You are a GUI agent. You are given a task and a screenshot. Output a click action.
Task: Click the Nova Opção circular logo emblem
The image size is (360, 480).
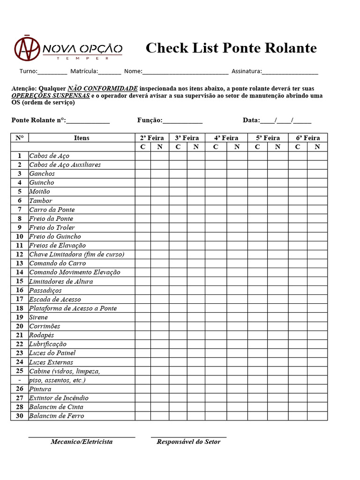(27, 48)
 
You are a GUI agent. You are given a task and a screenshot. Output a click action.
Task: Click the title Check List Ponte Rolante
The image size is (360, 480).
(231, 48)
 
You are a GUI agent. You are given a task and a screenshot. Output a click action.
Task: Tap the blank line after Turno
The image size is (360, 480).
(52, 72)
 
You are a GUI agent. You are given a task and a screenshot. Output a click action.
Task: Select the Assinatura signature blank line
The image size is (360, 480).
(290, 72)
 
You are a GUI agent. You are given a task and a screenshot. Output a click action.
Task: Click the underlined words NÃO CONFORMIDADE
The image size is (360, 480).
(103, 88)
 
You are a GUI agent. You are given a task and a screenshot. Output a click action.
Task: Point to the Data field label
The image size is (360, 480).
(251, 120)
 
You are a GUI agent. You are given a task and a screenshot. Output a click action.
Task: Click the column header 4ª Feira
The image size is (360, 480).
(226, 138)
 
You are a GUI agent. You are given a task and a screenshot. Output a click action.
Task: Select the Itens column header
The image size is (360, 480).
(82, 138)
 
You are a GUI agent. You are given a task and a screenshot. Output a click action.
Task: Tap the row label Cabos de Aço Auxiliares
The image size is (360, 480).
(65, 165)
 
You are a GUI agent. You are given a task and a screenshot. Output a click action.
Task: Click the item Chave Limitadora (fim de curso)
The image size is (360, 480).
(76, 254)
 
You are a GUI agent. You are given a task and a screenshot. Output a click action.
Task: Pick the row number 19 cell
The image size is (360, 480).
(19, 317)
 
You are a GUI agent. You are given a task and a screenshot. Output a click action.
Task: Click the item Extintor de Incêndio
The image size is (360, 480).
(59, 398)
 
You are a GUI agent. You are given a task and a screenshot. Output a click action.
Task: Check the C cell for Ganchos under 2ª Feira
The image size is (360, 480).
(143, 173)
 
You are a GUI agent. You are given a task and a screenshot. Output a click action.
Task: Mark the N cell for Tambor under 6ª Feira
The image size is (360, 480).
(317, 201)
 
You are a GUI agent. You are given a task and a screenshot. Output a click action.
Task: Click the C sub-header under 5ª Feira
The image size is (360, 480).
(257, 147)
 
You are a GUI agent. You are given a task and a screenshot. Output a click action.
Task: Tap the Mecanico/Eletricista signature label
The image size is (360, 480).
(82, 442)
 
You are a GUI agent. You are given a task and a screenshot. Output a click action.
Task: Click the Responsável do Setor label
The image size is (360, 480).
(188, 442)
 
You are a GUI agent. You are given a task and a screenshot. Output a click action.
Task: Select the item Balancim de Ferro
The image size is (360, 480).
(56, 416)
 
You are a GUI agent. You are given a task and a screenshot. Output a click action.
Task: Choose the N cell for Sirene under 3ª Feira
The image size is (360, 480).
(196, 317)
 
